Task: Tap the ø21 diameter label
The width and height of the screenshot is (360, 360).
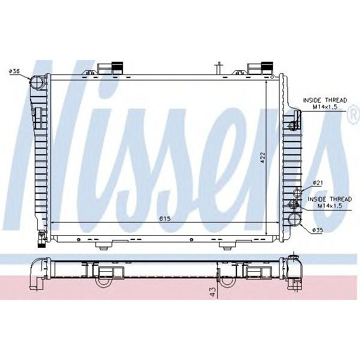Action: coord(317,183)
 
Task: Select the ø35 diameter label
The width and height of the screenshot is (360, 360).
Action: coord(317,229)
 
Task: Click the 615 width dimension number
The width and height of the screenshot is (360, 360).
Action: coord(166,218)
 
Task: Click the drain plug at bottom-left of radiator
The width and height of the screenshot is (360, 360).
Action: coord(41,239)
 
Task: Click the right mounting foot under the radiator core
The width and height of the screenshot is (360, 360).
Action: coord(228,245)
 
